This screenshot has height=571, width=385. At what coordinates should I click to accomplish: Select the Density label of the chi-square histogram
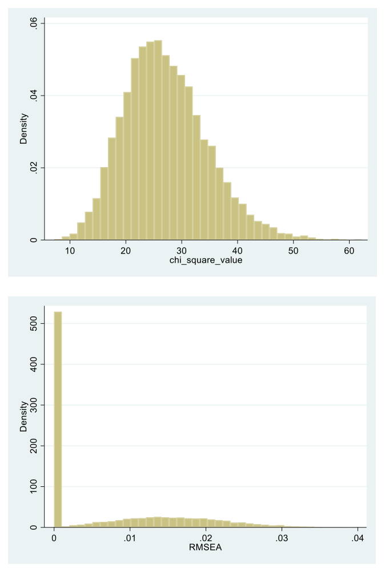[x=24, y=131]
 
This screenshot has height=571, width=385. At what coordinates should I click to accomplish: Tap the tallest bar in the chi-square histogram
[x=158, y=140]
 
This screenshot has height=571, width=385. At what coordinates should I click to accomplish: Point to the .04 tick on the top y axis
[x=34, y=96]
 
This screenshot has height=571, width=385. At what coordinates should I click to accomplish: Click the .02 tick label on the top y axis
[x=34, y=168]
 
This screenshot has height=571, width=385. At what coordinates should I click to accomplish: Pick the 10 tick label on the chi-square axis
[x=70, y=251]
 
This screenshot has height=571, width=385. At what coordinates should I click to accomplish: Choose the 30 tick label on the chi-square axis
[x=181, y=251]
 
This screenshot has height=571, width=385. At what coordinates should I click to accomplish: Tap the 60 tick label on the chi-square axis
[x=348, y=251]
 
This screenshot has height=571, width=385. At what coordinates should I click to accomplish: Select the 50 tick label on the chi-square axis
[x=292, y=251]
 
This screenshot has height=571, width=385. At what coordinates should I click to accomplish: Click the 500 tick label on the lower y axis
[x=34, y=324]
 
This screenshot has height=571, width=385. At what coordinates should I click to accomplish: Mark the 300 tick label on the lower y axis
[x=34, y=405]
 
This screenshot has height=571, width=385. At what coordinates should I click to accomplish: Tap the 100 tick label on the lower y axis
[x=34, y=486]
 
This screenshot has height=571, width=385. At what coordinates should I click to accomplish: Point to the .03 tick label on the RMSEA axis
[x=281, y=538]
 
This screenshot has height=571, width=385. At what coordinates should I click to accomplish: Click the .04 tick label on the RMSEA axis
[x=357, y=538]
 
